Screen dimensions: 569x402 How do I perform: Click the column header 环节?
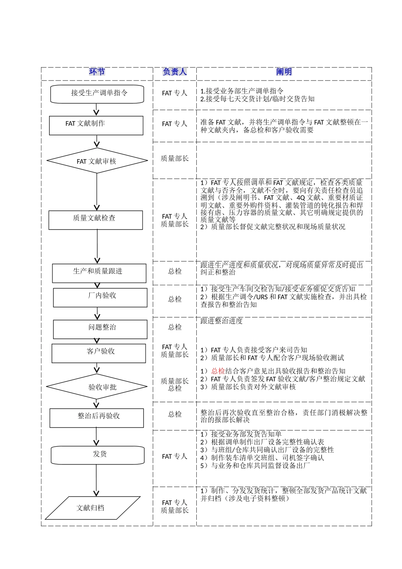point(97,72)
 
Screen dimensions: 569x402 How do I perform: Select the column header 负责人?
point(174,72)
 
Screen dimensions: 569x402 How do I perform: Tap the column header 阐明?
point(284,72)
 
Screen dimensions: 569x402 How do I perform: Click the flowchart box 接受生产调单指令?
point(97,94)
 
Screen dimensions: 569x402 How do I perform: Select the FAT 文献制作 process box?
point(96,125)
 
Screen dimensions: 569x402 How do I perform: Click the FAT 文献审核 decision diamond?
point(97,161)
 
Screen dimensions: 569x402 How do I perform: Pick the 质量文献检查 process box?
point(96,220)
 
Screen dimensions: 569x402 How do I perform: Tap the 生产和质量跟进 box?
point(99,273)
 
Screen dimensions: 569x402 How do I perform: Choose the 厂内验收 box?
point(100,297)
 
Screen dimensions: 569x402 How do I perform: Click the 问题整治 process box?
point(100,329)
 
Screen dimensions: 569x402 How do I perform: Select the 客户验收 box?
point(99,353)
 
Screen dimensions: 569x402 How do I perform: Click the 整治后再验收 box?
point(97,418)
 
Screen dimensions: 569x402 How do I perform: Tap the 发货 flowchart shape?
point(98,456)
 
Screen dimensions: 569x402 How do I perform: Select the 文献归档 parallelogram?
point(93,508)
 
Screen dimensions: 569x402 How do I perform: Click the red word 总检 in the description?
point(218,371)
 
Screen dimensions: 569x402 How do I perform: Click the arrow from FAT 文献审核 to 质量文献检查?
point(97,193)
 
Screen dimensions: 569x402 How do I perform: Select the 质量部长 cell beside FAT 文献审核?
point(174,159)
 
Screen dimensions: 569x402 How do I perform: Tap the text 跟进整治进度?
point(222,321)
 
